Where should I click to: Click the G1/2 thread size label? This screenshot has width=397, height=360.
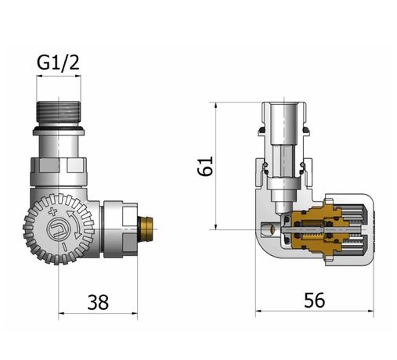pos(60,60)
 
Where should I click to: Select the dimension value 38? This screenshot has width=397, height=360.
pos(97,301)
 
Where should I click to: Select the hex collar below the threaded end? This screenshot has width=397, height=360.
pos(60,167)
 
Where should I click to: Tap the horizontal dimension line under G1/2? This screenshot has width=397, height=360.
pos(60,76)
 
